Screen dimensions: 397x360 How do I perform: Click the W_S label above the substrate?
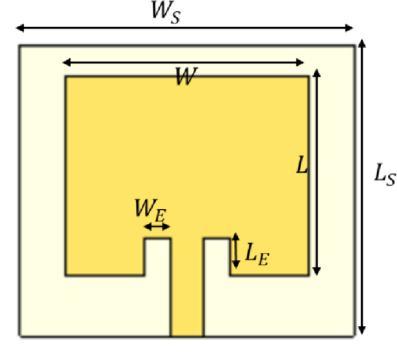166,13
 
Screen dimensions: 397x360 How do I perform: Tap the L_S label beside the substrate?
384,174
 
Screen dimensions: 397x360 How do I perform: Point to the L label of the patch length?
301,167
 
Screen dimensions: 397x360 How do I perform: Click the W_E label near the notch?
151,209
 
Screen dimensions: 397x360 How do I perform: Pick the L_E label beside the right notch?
257,255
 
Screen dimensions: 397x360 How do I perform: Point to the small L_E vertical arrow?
236,250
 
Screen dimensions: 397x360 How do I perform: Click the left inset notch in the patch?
157,256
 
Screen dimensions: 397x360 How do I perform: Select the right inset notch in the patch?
216,256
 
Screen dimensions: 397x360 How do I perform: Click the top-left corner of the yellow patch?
65,76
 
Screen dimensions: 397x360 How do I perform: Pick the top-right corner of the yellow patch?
308,76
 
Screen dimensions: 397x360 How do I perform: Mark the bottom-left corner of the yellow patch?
65,275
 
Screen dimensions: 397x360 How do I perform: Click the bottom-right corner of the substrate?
354,336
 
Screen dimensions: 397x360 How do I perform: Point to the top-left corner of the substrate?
20,45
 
